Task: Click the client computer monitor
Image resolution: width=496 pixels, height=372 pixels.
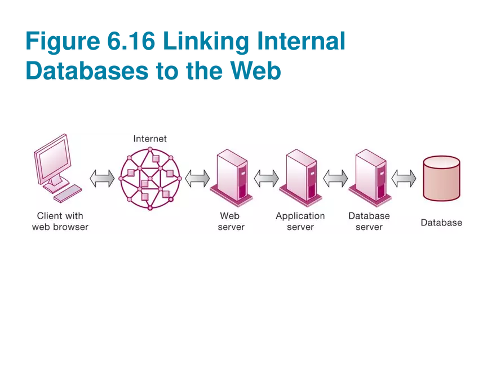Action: [52, 160]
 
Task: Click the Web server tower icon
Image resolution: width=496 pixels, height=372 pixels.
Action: [230, 175]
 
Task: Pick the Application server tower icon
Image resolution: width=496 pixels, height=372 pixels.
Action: [300, 175]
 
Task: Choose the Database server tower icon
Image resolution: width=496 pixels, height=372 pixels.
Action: [370, 175]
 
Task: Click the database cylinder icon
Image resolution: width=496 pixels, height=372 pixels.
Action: [441, 178]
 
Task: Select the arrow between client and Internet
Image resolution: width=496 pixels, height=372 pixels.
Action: [102, 179]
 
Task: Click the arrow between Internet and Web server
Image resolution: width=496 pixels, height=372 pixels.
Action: [197, 179]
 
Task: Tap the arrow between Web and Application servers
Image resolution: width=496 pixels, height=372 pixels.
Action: [266, 179]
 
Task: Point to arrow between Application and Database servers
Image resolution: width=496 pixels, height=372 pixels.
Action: [335, 179]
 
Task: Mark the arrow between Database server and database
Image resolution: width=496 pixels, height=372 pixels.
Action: [404, 179]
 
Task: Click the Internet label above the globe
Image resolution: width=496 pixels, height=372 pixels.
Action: [150, 139]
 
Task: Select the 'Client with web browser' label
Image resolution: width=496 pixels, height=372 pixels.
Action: [60, 222]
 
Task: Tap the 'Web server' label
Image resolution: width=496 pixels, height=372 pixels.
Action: [231, 222]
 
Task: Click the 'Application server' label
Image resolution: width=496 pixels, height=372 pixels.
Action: [300, 222]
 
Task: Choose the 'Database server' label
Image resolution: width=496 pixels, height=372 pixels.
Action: [369, 222]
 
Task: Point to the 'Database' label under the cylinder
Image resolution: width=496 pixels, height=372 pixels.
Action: [441, 223]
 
